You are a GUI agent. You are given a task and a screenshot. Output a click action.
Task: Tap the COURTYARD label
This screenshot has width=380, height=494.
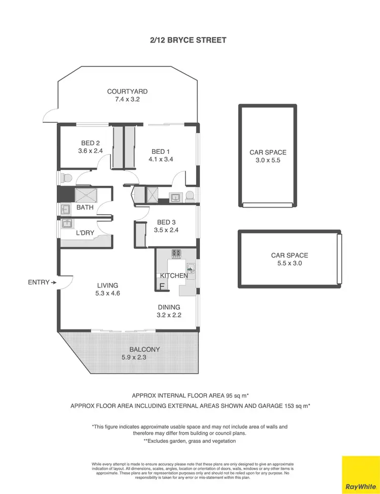(x=127, y=92)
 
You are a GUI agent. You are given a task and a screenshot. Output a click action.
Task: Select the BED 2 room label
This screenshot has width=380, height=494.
(x=91, y=143)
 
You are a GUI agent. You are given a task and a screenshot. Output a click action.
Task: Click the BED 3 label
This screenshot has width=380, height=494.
(x=167, y=222)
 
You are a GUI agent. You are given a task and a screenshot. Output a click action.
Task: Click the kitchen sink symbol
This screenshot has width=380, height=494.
(x=191, y=268)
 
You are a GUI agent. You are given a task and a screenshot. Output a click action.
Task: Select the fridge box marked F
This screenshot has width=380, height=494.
(x=162, y=286)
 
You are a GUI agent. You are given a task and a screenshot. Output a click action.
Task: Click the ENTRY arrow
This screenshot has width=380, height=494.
(x=53, y=282)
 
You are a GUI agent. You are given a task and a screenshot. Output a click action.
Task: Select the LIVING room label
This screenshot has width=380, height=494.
(x=107, y=285)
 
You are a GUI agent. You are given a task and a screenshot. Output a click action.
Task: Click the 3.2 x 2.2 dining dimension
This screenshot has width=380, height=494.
(x=169, y=315)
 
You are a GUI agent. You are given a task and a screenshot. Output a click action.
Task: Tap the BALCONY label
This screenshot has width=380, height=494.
(x=144, y=349)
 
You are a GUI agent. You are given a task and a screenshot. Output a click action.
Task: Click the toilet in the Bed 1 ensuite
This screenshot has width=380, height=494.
(x=189, y=196)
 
